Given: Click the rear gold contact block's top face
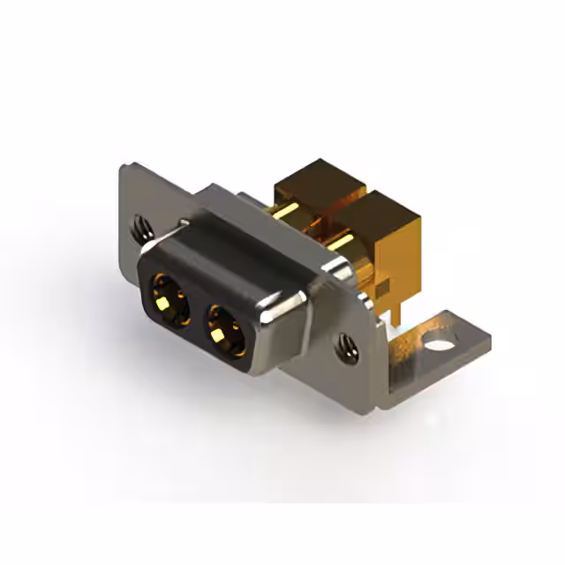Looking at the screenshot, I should point(318,177).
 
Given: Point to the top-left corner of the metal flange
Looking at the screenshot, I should point(124,165).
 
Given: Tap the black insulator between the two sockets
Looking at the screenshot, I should point(196,313).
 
